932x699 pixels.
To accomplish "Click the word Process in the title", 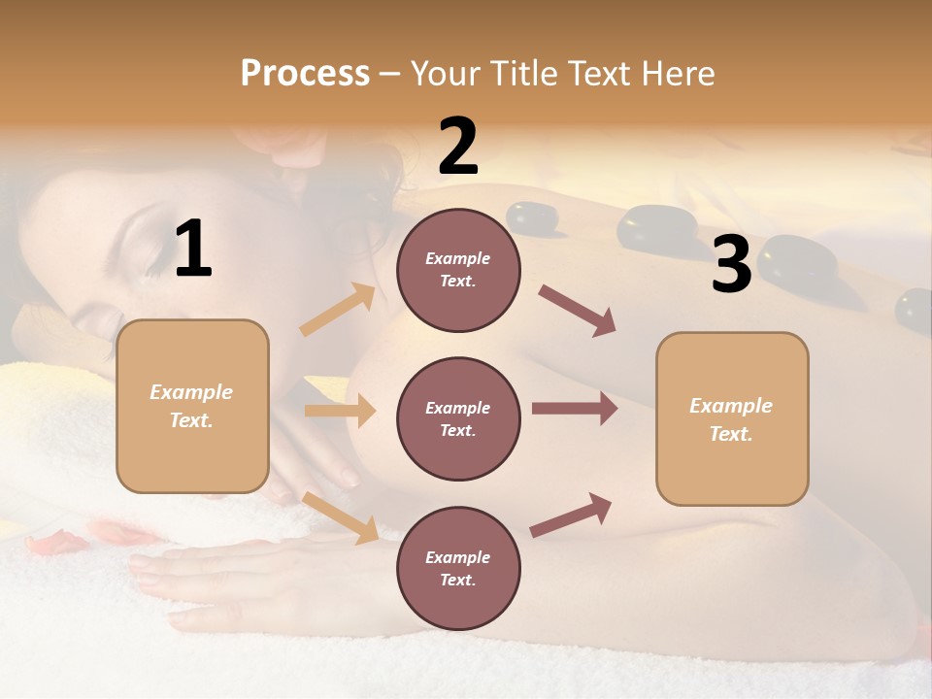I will click(x=305, y=73).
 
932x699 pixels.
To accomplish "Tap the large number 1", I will click(x=193, y=250).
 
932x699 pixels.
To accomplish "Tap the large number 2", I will click(x=458, y=147).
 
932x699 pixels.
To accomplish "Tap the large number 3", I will click(x=731, y=265).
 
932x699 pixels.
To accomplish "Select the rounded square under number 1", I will click(x=192, y=406).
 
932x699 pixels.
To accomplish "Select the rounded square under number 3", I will click(x=732, y=418).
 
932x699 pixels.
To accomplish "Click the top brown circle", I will click(x=458, y=270).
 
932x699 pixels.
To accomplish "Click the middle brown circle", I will click(x=458, y=418).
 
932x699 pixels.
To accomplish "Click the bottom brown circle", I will click(x=458, y=568).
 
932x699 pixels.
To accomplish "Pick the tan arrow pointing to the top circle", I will click(x=338, y=311).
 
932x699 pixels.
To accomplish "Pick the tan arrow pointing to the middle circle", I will click(x=340, y=411).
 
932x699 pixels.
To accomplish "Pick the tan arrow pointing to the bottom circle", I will click(x=341, y=517).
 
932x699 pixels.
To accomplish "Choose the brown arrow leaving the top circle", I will click(x=578, y=311).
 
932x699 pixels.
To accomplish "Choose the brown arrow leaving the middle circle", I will click(x=575, y=409).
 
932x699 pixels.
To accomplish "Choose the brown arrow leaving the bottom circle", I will click(x=572, y=516).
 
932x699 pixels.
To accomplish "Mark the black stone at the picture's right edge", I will click(x=915, y=309).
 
